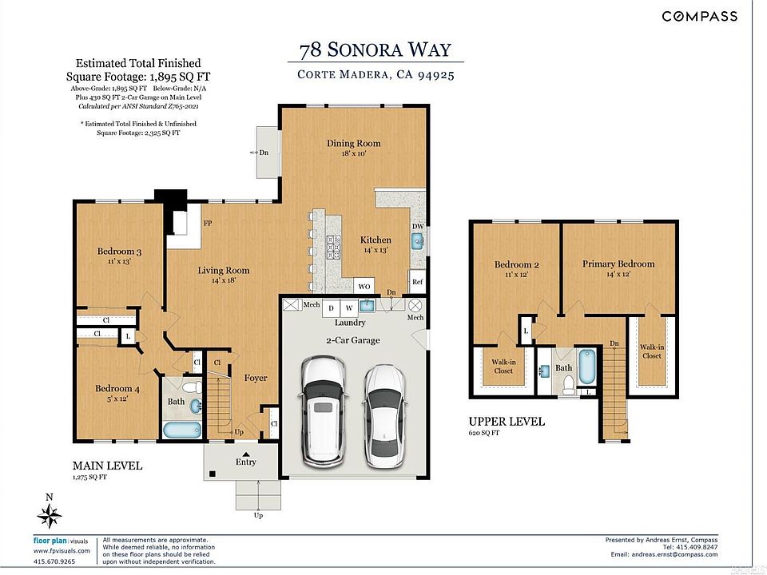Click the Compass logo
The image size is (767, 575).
click(x=700, y=16)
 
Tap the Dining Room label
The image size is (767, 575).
click(x=354, y=143)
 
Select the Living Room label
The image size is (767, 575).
click(x=224, y=271)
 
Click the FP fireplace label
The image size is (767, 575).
click(x=208, y=223)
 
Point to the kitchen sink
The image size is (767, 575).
click(x=417, y=241)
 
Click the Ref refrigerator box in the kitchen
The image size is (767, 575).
click(x=417, y=282)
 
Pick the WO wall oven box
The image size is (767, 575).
click(x=364, y=287)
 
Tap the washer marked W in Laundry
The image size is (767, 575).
click(x=349, y=308)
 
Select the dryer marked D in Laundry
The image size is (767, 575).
click(x=331, y=308)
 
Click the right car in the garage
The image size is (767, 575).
click(x=385, y=416)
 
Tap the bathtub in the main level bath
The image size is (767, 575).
click(x=182, y=430)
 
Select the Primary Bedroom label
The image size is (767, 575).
click(x=618, y=264)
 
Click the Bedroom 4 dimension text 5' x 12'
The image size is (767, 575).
click(x=117, y=399)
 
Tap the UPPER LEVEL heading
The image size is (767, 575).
click(x=507, y=422)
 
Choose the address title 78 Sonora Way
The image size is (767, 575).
click(x=376, y=50)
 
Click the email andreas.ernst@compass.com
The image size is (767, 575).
click(x=674, y=554)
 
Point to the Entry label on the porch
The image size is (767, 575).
click(x=245, y=462)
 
